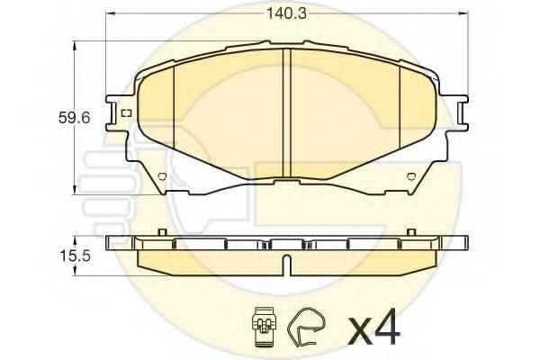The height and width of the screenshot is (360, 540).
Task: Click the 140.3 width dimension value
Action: point(286,14)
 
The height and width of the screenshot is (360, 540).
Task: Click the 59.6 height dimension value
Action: point(74,118)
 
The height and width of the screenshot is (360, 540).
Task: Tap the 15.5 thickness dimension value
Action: point(75,256)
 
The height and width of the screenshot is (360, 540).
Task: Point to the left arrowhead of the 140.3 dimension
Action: point(110,13)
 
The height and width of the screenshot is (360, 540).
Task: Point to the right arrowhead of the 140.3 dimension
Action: point(463,13)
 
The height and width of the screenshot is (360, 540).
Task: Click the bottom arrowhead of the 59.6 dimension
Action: point(74,190)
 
